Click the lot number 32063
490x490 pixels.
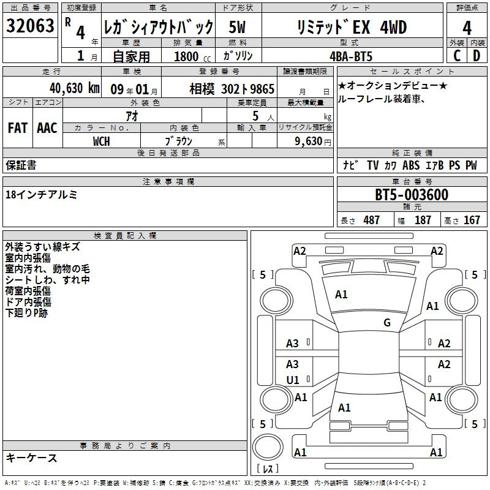pyautogui.click(x=30, y=25)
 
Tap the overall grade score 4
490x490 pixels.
pyautogui.click(x=467, y=28)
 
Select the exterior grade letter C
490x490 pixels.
pyautogui.click(x=457, y=56)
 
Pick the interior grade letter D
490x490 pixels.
pyautogui.click(x=477, y=56)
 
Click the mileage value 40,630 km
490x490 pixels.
pyautogui.click(x=75, y=88)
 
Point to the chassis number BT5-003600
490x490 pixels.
pyautogui.click(x=412, y=195)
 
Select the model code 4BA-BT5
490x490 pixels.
pyautogui.click(x=351, y=56)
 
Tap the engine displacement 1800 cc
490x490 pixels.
pyautogui.click(x=192, y=56)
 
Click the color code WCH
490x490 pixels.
pyautogui.click(x=101, y=141)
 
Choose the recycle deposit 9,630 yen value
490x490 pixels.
pyautogui.click(x=313, y=141)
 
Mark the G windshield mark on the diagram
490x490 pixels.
pyautogui.click(x=387, y=323)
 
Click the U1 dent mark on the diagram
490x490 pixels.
pyautogui.click(x=293, y=380)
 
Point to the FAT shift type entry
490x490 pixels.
pyautogui.click(x=18, y=128)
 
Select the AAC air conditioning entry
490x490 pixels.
pyautogui.click(x=47, y=128)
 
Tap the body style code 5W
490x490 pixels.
pyautogui.click(x=237, y=27)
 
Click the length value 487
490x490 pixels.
pyautogui.click(x=372, y=220)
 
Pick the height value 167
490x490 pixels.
pyautogui.click(x=472, y=220)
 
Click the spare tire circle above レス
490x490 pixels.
pyautogui.click(x=268, y=447)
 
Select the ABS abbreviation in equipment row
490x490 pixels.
pyautogui.click(x=411, y=165)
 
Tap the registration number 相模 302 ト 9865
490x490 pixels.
pyautogui.click(x=232, y=89)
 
